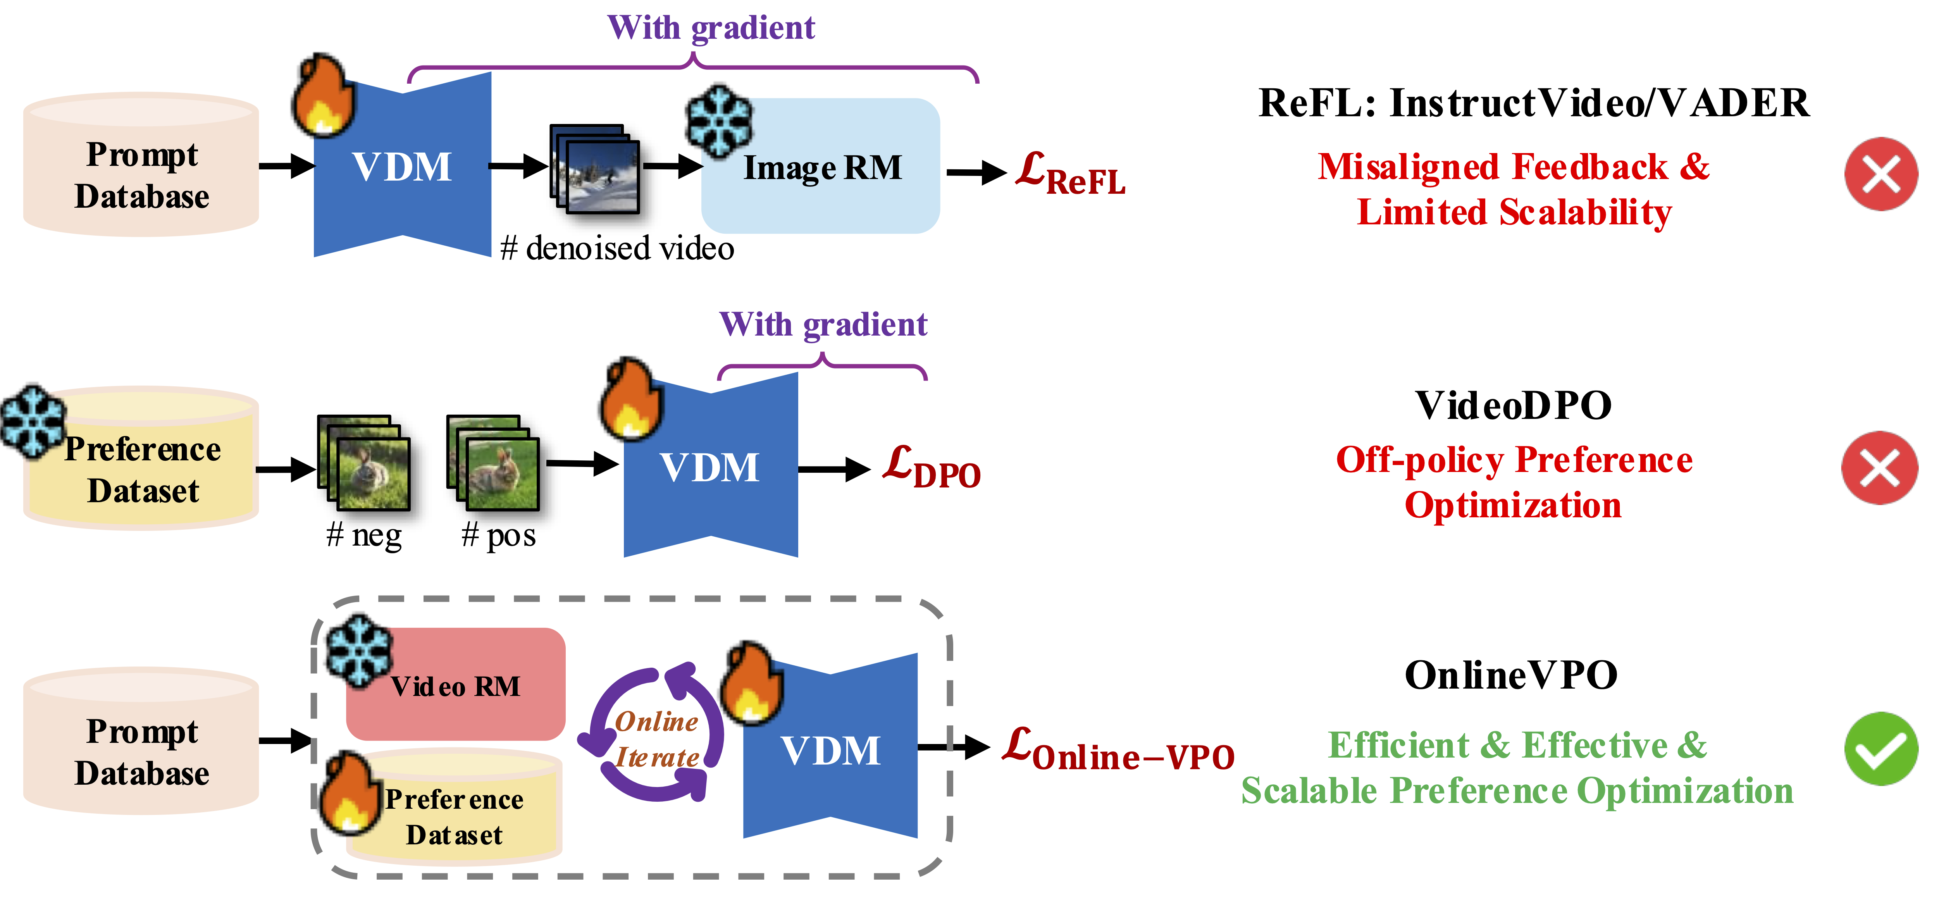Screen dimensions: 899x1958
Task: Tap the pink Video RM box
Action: (x=456, y=684)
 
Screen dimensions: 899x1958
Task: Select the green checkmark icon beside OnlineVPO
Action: (x=1881, y=749)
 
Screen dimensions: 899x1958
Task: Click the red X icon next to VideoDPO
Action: (x=1879, y=467)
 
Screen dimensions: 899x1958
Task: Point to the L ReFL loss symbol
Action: (x=1070, y=173)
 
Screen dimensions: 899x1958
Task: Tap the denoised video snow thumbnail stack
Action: (x=594, y=169)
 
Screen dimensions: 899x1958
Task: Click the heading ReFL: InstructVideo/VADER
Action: (x=1534, y=103)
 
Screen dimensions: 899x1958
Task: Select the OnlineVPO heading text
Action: (x=1511, y=675)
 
